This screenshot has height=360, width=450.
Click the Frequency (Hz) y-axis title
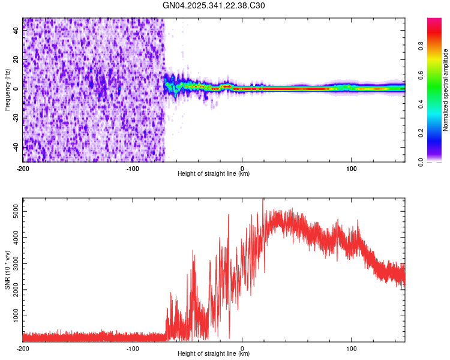coord(7,90)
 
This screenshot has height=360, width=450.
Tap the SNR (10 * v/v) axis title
coord(7,270)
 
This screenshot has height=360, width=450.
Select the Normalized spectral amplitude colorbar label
coord(445,90)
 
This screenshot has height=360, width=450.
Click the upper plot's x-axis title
coord(214,173)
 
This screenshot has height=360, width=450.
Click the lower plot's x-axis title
coord(214,353)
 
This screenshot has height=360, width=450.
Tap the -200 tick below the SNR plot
coord(23,348)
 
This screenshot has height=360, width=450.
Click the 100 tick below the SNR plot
coord(351,348)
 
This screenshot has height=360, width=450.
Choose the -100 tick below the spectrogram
coord(133,168)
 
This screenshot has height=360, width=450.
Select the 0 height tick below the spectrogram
coord(242,168)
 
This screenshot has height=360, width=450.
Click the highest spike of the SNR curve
coord(263,200)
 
